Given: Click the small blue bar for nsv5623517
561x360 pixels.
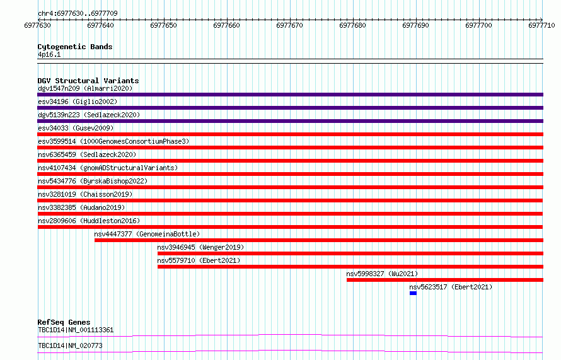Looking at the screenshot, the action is pyautogui.click(x=414, y=293).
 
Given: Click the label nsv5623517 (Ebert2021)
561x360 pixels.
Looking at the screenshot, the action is pyautogui.click(x=451, y=287).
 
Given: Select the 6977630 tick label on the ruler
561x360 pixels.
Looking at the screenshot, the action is pyautogui.click(x=38, y=25).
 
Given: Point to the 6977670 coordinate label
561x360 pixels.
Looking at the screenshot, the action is pyautogui.click(x=289, y=25).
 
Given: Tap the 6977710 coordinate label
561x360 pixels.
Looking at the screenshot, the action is pyautogui.click(x=541, y=25).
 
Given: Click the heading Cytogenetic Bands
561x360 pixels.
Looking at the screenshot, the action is pyautogui.click(x=75, y=47).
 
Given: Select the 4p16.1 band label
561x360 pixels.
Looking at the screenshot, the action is pyautogui.click(x=49, y=54).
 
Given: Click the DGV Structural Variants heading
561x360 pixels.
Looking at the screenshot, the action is pyautogui.click(x=88, y=81).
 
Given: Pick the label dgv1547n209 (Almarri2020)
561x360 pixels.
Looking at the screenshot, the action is pyautogui.click(x=85, y=88).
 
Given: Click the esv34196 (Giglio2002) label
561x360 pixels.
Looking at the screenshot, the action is pyautogui.click(x=78, y=102).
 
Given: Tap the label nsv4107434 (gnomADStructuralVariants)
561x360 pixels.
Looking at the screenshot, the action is pyautogui.click(x=108, y=168).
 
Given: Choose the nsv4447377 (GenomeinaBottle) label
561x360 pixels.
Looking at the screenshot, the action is pyautogui.click(x=147, y=234).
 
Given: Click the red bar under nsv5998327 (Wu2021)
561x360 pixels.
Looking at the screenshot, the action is pyautogui.click(x=445, y=280).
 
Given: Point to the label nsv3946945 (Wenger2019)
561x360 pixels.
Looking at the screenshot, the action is pyautogui.click(x=200, y=247).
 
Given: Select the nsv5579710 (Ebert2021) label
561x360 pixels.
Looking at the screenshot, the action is pyautogui.click(x=199, y=260).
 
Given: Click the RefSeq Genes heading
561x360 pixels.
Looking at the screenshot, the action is pyautogui.click(x=64, y=322).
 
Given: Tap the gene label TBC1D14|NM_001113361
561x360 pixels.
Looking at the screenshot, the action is pyautogui.click(x=76, y=330).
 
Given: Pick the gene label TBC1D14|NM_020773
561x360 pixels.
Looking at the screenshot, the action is pyautogui.click(x=70, y=345).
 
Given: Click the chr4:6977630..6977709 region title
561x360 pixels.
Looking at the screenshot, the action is pyautogui.click(x=78, y=13).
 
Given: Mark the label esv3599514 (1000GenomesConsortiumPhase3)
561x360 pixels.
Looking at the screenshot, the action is pyautogui.click(x=113, y=141).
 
